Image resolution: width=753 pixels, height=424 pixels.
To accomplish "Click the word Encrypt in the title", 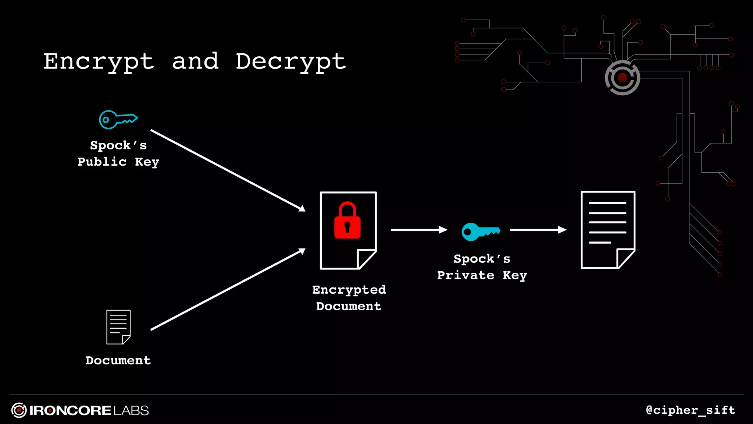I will (99, 61).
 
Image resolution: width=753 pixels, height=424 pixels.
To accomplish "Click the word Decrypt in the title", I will (290, 61).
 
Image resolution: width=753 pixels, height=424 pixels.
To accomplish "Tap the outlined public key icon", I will (118, 120).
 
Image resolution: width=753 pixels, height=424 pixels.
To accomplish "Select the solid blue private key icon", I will (480, 232).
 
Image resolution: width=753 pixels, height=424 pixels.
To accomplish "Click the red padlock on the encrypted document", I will (347, 221).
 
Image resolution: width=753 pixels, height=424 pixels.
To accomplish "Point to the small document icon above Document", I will (118, 327).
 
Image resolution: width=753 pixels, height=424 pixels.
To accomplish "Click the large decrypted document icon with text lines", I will (608, 230).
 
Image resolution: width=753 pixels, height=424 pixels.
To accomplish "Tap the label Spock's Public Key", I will (118, 153).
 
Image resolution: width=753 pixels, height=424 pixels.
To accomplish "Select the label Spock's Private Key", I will (482, 267).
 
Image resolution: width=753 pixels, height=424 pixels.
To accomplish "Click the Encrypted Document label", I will (349, 298).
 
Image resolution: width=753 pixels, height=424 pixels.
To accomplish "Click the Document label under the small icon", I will (118, 360).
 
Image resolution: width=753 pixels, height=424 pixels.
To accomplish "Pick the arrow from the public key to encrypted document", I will (228, 170).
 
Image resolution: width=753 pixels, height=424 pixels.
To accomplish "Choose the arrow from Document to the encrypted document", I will (228, 289).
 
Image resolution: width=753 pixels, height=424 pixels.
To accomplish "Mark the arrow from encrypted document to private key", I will (418, 230).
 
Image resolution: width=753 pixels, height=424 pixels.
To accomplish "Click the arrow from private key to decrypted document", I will (538, 230).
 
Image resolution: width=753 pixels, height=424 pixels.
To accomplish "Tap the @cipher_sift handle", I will (690, 410).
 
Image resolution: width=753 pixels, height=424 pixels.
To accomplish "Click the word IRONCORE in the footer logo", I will (70, 411).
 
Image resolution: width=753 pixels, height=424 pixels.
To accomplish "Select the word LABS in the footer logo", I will (131, 411).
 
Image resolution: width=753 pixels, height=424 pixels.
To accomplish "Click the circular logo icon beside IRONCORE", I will (19, 410).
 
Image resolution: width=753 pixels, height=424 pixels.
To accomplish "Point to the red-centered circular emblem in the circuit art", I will (622, 78).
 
